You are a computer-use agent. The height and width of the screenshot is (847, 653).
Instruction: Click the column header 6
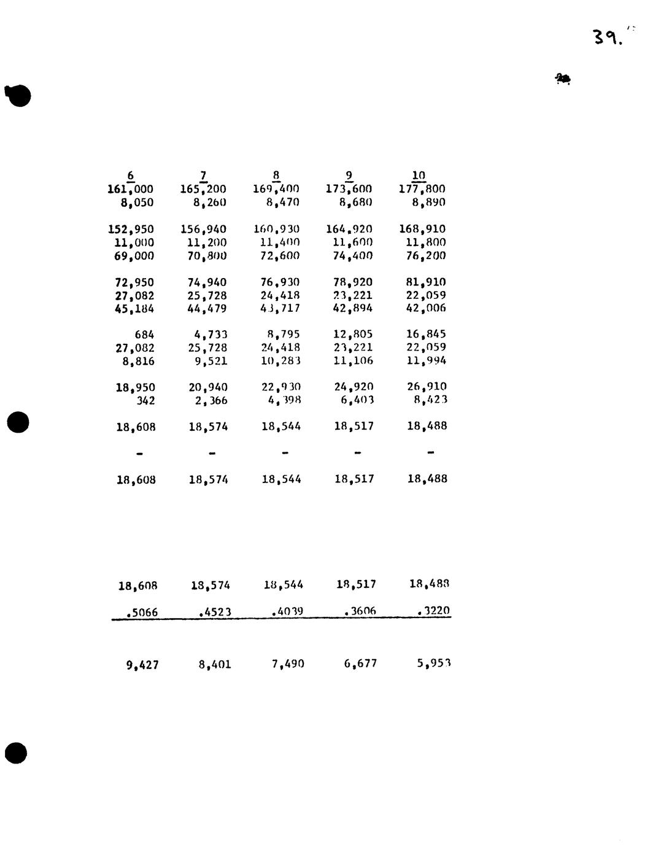coord(131,176)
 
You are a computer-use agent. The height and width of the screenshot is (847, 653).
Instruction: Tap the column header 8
coord(276,176)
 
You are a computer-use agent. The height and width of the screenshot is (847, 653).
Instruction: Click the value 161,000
coord(131,189)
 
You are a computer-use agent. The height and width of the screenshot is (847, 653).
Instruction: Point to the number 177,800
coord(422,189)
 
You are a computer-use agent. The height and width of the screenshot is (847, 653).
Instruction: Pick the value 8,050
coord(137,203)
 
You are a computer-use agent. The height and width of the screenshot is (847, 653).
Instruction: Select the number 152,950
coord(131,230)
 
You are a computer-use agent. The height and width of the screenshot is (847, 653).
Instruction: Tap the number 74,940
coord(207,282)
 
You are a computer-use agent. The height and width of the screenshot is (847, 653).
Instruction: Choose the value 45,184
coord(134,309)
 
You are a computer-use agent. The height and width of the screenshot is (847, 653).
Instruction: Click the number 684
coord(144,335)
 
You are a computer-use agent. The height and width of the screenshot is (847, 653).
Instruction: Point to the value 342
coord(145,401)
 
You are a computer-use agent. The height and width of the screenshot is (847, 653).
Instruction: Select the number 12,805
coord(353,335)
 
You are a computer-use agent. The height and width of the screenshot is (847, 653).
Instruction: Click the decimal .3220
coord(433,611)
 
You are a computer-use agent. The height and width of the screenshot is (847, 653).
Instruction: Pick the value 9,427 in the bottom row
coord(142,665)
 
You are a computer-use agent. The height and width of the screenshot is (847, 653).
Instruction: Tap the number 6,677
coord(360,663)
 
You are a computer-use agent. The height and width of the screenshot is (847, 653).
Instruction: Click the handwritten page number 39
coord(608,38)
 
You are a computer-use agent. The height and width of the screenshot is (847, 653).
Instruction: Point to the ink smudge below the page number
coord(563,79)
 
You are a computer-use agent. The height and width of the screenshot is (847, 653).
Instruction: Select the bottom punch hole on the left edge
coord(16,753)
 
